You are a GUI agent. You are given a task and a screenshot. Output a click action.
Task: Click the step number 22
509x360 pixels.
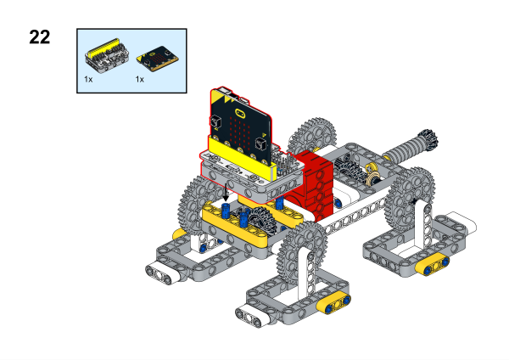click(40, 37)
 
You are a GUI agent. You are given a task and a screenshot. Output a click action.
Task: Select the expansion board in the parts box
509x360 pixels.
click(107, 56)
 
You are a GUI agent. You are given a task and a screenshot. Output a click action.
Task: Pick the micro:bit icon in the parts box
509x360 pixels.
click(158, 59)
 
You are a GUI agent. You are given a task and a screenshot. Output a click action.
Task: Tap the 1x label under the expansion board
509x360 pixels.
click(88, 79)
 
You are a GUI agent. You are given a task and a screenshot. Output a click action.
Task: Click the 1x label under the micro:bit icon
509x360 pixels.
click(140, 79)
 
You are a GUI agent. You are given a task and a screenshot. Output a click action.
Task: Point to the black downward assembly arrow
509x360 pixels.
click(226, 192)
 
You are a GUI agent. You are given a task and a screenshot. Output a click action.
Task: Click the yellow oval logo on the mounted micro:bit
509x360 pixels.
click(239, 113)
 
